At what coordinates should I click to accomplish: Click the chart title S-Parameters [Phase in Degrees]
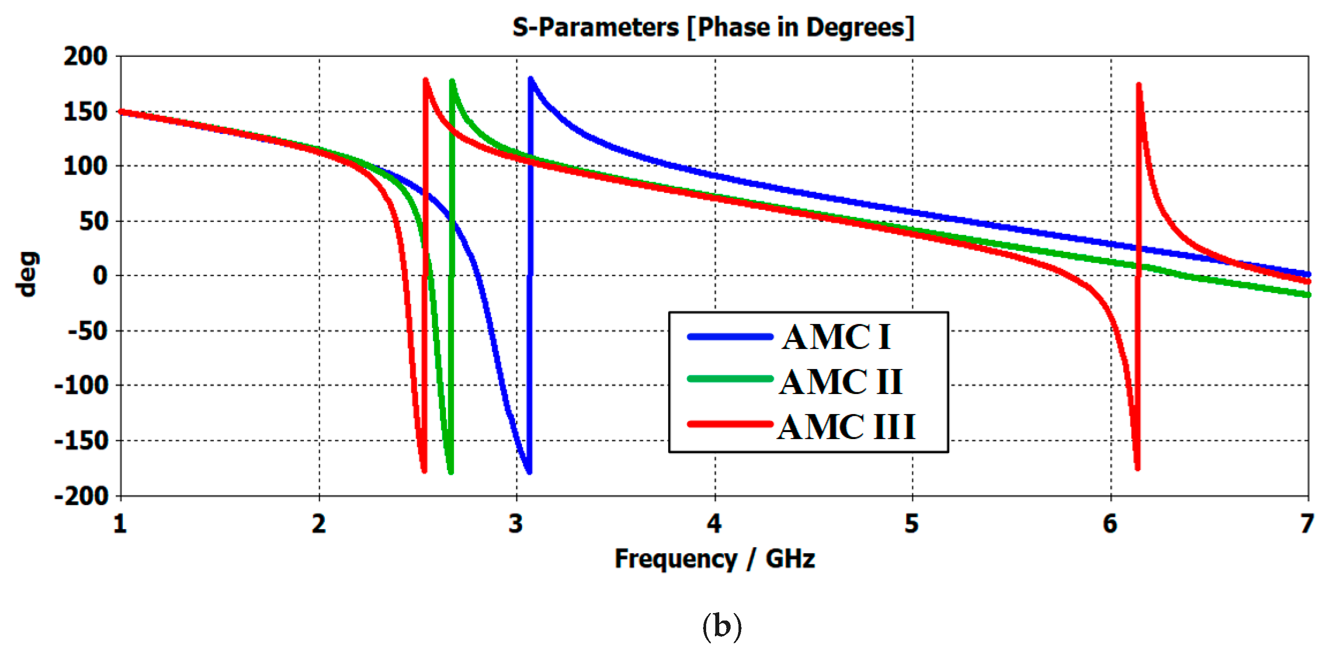tap(713, 27)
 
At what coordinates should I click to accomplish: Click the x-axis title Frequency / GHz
tap(714, 559)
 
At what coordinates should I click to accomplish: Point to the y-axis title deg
tap(27, 274)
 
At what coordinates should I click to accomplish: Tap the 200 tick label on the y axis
tap(85, 56)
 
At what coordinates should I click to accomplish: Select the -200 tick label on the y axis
tap(81, 496)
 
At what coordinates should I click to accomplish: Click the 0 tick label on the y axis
tap(100, 275)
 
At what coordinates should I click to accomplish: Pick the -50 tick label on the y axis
tap(87, 331)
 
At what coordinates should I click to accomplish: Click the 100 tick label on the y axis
tap(85, 166)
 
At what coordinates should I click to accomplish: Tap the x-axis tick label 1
tap(120, 524)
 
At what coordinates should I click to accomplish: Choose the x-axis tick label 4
tap(714, 524)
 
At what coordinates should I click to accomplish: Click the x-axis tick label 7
tap(1306, 524)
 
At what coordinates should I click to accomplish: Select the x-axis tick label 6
tap(1110, 524)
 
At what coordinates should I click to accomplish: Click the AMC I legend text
tap(836, 337)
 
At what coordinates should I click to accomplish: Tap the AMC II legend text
tap(840, 382)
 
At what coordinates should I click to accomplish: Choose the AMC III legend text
tap(846, 427)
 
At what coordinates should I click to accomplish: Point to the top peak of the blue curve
tap(530, 79)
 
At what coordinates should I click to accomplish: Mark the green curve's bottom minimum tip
tap(450, 471)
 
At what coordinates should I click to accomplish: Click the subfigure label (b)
tap(721, 626)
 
